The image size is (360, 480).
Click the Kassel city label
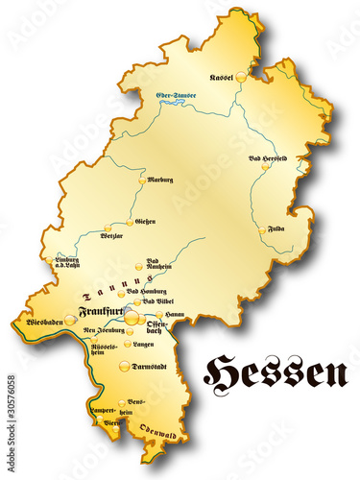[x=222, y=78]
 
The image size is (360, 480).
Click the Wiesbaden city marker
[x=69, y=320]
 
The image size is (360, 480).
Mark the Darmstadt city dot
[x=125, y=366]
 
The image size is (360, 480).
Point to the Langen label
[x=143, y=343]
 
